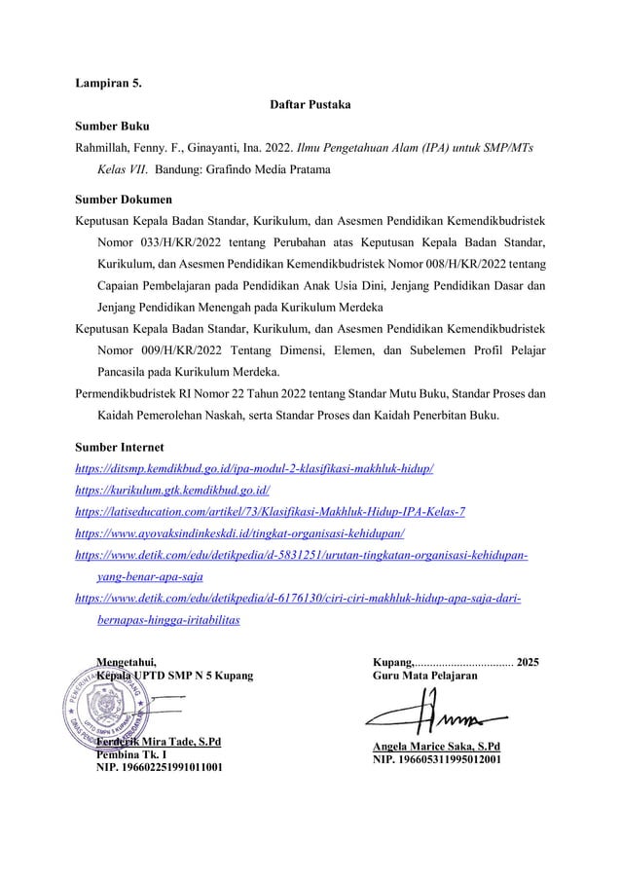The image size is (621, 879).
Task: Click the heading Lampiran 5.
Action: pos(108,82)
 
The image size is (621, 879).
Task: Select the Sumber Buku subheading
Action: pos(113,125)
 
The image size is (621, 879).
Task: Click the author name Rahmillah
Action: pos(102,147)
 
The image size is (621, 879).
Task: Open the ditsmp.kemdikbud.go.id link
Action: pos(254,469)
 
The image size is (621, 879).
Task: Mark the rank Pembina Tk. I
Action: pos(130,754)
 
